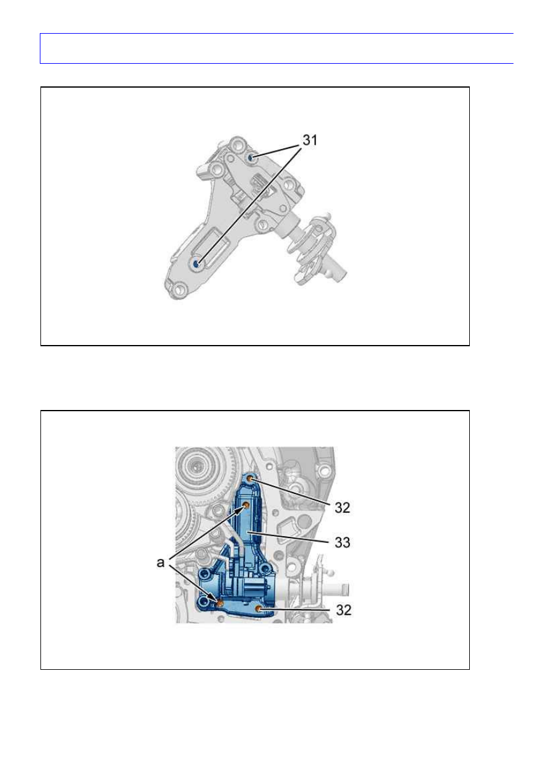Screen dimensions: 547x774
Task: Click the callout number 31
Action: pyautogui.click(x=310, y=140)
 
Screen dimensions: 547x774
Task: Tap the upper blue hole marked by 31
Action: pyautogui.click(x=251, y=158)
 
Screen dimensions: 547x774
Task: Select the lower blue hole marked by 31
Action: pyautogui.click(x=196, y=264)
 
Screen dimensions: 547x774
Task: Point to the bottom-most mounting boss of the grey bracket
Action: pyautogui.click(x=179, y=290)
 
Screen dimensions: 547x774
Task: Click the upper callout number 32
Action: pyautogui.click(x=342, y=507)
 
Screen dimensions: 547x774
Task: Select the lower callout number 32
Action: pyautogui.click(x=343, y=610)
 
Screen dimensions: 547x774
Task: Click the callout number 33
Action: pyautogui.click(x=342, y=542)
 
